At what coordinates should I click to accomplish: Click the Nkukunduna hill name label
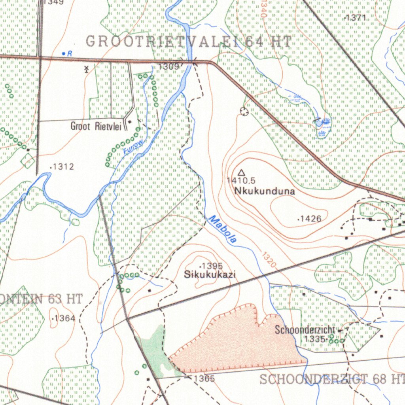coord(265,191)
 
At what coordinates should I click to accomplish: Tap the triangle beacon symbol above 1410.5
coord(241,172)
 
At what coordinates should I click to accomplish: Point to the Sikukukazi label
coord(210,274)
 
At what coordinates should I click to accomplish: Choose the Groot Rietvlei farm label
coord(96,127)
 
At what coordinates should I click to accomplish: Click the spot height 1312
coord(63,167)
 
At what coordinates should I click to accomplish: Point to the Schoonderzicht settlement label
coord(305,329)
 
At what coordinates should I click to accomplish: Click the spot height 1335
coord(315,339)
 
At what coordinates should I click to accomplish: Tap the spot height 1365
coord(204,379)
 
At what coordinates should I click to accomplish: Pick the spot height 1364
coord(64,318)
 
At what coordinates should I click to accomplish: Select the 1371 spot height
coord(357,18)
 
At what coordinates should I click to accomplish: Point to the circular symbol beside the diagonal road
coord(244,112)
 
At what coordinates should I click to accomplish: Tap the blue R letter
coord(69,53)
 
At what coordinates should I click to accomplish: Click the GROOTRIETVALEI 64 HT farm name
coord(189,42)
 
